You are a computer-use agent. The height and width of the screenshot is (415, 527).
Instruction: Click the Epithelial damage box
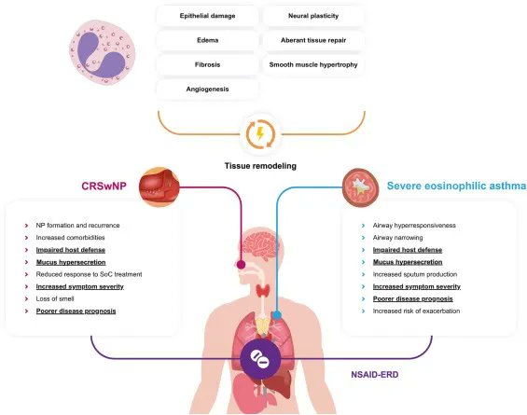(x=207, y=17)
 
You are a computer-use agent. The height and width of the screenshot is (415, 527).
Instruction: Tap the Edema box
(x=207, y=41)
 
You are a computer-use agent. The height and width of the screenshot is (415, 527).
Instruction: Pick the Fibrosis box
(x=207, y=65)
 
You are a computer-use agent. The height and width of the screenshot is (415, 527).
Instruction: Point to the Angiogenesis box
(x=207, y=90)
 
